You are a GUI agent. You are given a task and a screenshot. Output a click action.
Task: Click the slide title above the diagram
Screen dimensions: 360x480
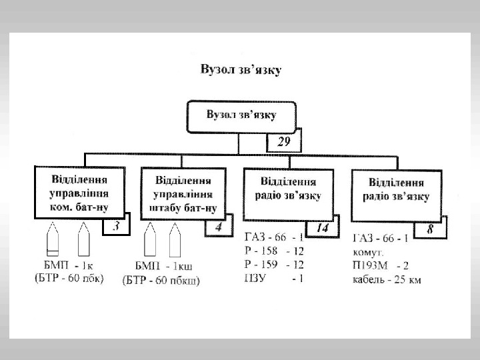240,68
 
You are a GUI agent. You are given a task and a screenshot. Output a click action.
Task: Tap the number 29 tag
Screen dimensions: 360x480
283,142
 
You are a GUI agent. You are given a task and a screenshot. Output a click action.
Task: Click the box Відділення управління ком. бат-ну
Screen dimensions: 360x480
79,193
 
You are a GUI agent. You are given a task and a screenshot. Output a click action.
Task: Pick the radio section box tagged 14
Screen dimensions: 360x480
290,193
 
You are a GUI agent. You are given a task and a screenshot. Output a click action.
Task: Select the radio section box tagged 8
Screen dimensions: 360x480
396,193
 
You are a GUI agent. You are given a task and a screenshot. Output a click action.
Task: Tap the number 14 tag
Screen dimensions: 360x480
322,228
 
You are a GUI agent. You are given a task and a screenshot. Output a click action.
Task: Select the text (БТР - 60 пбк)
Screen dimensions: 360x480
69,279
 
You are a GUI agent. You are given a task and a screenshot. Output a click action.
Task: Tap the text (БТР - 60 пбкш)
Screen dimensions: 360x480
162,280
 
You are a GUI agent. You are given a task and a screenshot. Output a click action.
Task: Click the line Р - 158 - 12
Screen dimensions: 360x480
274,251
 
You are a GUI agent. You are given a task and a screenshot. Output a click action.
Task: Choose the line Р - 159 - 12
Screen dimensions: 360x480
274,265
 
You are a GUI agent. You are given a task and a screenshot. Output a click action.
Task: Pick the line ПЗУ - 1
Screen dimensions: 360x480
274,278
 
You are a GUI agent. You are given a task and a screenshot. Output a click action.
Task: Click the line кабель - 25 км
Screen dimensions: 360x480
387,280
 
